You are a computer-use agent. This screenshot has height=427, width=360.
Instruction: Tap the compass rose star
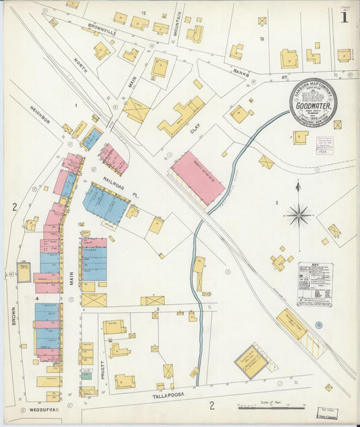298,216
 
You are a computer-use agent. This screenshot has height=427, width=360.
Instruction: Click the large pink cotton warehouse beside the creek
198,177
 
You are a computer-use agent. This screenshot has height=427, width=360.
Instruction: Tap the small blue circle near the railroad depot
319,325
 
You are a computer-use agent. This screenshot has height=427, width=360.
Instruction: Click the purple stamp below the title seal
324,145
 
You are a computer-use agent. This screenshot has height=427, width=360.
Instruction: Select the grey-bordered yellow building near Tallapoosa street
251,361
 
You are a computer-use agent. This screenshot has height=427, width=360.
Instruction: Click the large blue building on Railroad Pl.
106,203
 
